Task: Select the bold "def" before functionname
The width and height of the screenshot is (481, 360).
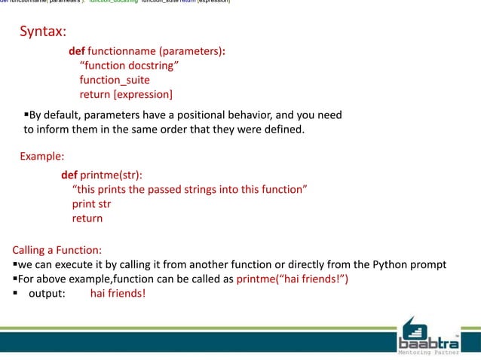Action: tap(76, 51)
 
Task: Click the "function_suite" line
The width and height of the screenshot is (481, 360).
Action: tap(115, 80)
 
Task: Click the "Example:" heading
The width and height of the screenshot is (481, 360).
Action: tap(42, 157)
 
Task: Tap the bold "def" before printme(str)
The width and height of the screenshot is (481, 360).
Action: tap(69, 175)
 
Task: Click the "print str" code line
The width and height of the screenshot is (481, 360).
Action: tap(91, 203)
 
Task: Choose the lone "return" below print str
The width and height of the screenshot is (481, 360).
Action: tap(87, 218)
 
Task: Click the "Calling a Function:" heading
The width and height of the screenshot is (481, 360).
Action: tap(57, 250)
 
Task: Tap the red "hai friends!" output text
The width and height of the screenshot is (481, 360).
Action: tap(118, 294)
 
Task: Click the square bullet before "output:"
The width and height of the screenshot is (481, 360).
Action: tap(16, 294)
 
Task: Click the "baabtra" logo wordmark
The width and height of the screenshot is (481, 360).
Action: tap(427, 336)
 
